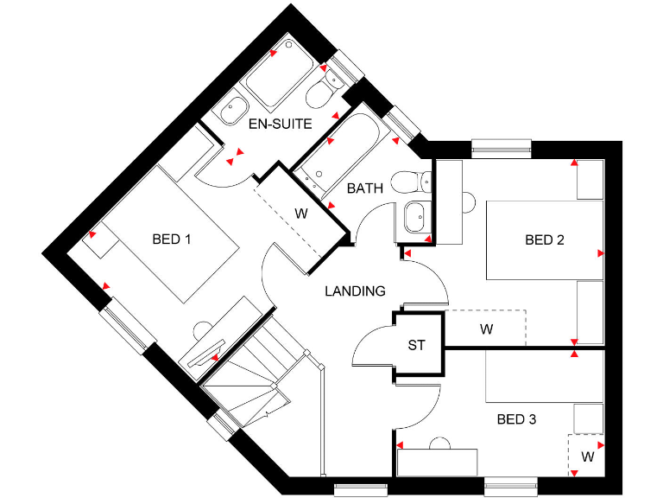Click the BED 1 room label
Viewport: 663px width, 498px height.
[x=171, y=239]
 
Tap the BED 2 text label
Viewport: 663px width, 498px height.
[x=544, y=240]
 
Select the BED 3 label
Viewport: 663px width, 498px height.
[x=517, y=419]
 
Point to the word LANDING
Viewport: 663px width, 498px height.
[x=355, y=291]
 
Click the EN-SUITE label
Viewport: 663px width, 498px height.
[x=280, y=124]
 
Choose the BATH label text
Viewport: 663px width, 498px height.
[x=365, y=188]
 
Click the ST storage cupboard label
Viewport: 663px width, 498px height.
[x=417, y=345]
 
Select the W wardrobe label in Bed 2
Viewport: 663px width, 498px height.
[x=486, y=329]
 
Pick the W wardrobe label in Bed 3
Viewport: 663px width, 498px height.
[x=587, y=455]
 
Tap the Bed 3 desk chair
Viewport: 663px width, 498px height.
[x=440, y=444]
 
